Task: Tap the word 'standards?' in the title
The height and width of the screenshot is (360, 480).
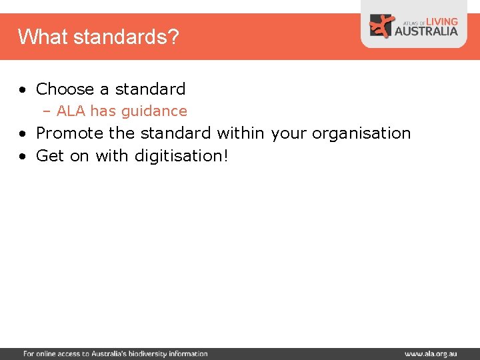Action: [x=126, y=37]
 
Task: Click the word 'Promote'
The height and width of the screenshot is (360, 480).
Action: [x=69, y=133]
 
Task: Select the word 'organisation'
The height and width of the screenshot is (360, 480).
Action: [x=361, y=133]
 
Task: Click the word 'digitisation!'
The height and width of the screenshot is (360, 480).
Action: [x=181, y=155]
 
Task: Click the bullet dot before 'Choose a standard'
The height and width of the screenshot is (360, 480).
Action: [x=23, y=89]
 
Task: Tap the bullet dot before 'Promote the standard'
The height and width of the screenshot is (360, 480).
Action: [x=23, y=133]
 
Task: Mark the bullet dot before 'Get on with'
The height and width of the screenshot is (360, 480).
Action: [x=23, y=156]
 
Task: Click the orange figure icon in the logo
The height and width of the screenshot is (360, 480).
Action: [x=382, y=26]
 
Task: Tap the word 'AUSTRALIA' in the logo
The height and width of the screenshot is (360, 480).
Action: [x=427, y=31]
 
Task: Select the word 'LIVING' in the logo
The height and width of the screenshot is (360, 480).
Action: [x=441, y=21]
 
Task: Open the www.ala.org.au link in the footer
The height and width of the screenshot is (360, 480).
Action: [x=431, y=354]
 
